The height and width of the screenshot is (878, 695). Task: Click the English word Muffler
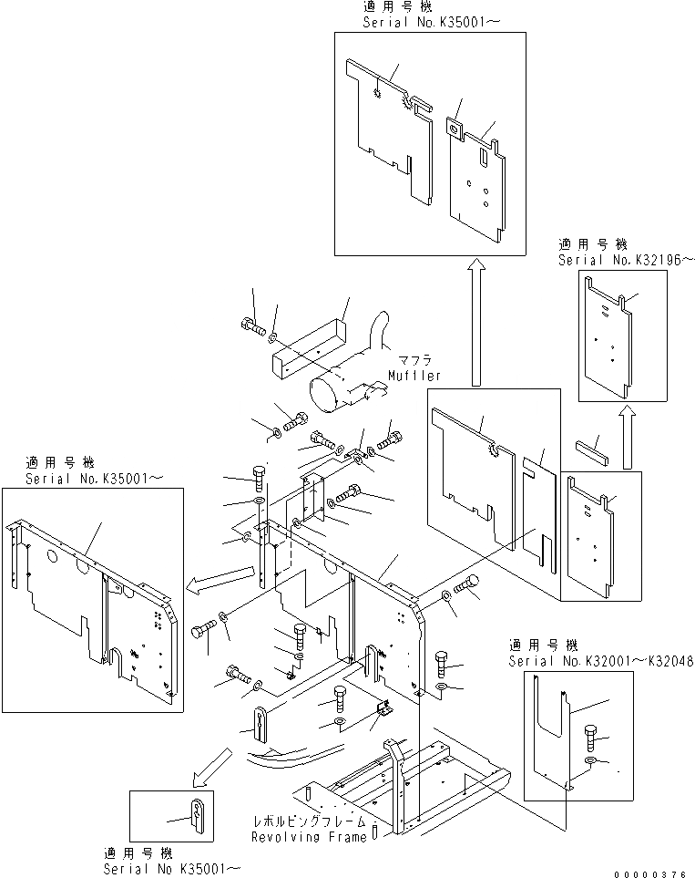414,375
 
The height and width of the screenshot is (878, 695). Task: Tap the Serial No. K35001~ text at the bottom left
172,867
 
